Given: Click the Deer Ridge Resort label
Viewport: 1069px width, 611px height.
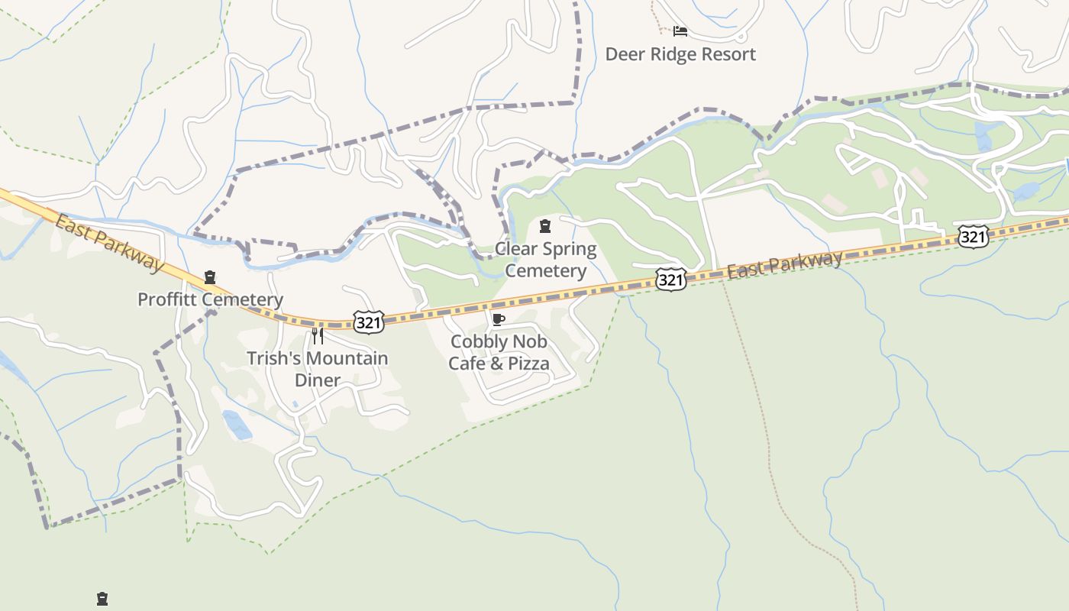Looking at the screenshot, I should coord(680,54).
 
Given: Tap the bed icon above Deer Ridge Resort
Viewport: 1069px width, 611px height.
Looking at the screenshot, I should coord(680,31).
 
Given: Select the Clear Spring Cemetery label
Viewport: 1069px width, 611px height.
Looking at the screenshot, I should coord(545,260).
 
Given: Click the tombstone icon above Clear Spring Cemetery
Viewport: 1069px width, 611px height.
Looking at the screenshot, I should coord(545,226).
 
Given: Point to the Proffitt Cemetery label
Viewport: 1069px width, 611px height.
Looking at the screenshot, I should coord(210,299).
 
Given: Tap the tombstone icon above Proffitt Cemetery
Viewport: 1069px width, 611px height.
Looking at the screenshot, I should coord(210,277).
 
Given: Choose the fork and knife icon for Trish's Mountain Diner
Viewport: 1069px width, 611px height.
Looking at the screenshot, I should coord(318,336).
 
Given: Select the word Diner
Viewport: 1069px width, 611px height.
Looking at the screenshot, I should coord(318,380).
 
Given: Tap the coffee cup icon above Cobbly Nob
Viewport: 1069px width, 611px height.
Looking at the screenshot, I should coord(499,319).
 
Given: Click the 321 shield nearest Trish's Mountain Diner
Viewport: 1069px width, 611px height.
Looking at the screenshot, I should coord(368,322).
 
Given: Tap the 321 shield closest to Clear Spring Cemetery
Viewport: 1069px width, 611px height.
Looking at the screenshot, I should coord(670,280).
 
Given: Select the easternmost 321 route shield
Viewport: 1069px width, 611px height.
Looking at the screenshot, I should coord(973,237).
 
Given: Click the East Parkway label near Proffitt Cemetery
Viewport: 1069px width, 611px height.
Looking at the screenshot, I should coord(108,243).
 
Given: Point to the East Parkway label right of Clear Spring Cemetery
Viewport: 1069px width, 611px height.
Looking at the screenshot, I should coord(784,265).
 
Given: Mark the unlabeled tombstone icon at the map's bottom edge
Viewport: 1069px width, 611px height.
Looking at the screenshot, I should coord(102,599).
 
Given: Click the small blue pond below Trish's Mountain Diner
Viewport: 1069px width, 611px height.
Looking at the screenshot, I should coord(237,425).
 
